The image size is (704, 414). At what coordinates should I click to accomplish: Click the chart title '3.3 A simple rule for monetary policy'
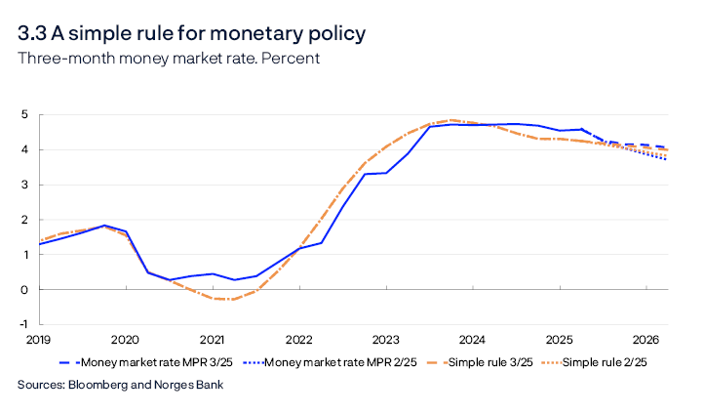191,34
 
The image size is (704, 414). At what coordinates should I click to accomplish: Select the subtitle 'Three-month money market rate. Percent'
169,59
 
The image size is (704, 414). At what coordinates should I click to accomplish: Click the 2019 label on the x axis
38,340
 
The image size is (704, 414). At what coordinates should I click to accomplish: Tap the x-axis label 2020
125,340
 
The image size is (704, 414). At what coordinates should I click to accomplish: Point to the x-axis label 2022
298,340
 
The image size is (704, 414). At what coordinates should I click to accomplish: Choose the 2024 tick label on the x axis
472,340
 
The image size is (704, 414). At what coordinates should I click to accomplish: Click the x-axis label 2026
645,340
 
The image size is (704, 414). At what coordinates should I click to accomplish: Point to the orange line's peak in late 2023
451,120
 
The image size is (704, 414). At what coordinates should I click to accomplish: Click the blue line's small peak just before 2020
104,226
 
